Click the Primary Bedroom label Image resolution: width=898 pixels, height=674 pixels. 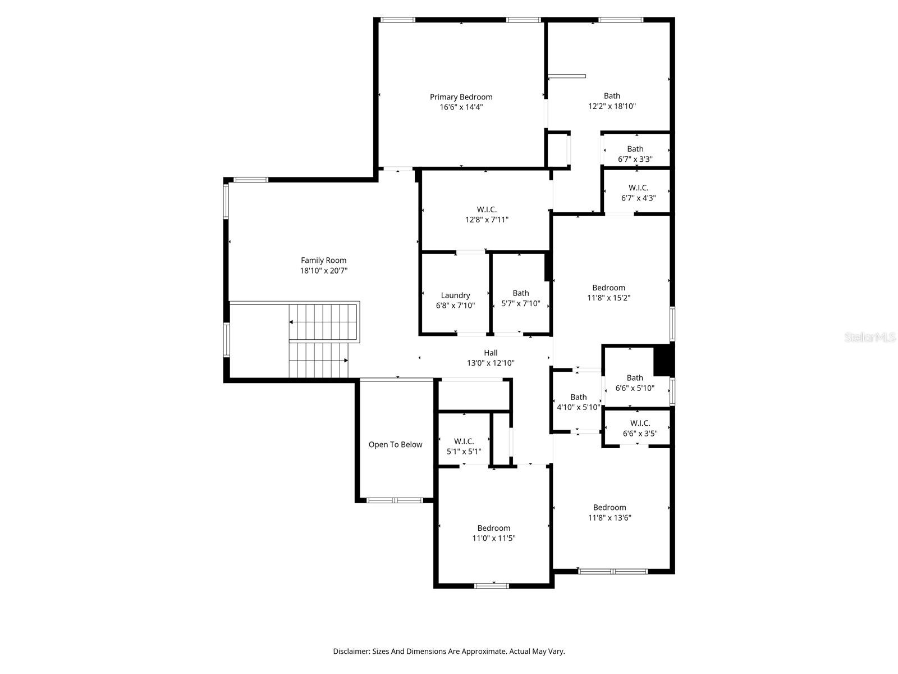[x=461, y=97]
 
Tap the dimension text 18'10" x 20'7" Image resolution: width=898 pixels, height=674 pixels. [x=324, y=271]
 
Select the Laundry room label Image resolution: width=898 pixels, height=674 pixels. [x=455, y=295]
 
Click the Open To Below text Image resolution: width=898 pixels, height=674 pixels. [x=395, y=445]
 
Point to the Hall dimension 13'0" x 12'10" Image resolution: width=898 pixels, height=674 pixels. [x=491, y=363]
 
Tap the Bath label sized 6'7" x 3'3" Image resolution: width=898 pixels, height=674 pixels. [x=635, y=149]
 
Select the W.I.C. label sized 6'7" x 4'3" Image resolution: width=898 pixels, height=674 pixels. [x=638, y=188]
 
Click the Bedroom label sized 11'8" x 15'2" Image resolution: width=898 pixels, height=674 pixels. [x=608, y=288]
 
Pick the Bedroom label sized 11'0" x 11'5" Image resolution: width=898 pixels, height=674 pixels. [x=493, y=528]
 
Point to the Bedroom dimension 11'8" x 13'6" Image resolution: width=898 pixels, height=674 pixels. [x=610, y=518]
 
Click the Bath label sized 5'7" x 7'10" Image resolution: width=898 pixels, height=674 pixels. [x=520, y=293]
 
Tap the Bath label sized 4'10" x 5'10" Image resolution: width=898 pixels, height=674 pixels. [x=578, y=397]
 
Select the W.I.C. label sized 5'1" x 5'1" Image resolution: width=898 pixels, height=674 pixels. [x=464, y=441]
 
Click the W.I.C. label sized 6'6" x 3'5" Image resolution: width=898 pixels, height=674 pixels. [x=640, y=423]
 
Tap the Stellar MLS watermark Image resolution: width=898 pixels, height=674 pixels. [x=869, y=338]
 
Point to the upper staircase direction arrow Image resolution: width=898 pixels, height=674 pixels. [x=291, y=322]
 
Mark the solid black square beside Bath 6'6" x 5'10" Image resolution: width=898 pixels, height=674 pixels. [x=664, y=360]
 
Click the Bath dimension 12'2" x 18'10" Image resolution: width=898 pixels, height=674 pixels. [x=612, y=106]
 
